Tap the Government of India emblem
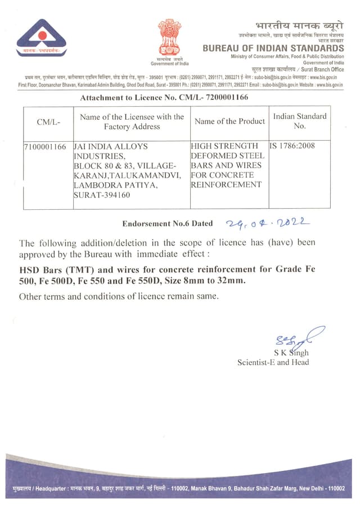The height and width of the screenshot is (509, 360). (169, 37)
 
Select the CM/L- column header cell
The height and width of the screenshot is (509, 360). (48, 121)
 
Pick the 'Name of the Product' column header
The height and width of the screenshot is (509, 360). (229, 121)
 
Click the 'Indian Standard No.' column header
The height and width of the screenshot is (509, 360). (299, 121)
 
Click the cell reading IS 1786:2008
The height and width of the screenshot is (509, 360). (292, 146)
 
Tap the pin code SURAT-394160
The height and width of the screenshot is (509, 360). (102, 195)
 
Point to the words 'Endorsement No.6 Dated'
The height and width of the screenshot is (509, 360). (168, 223)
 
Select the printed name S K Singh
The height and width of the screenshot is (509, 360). (291, 353)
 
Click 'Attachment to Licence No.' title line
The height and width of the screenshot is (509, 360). (164, 97)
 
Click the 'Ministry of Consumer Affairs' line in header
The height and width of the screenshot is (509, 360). (287, 57)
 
